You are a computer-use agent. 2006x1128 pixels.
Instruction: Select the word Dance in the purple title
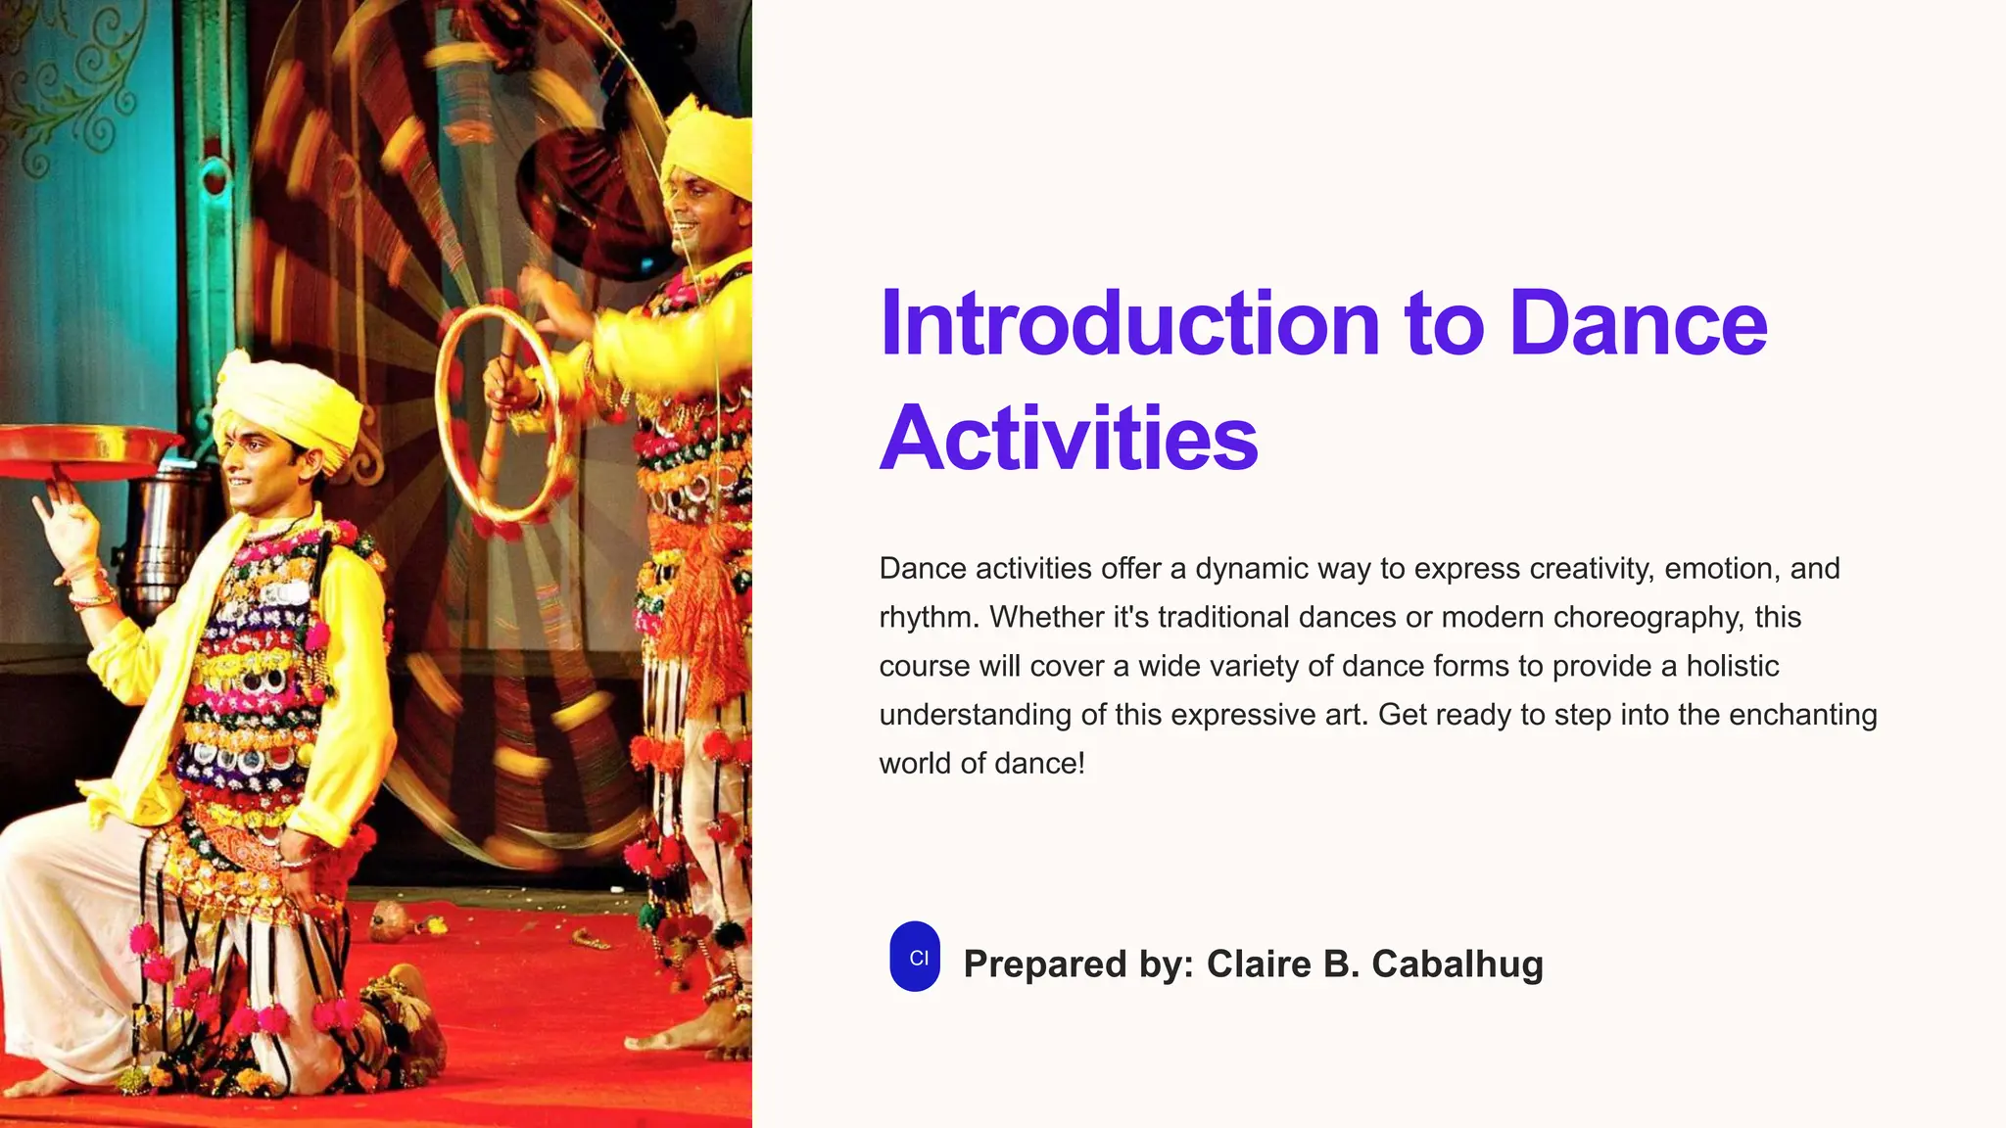point(1638,324)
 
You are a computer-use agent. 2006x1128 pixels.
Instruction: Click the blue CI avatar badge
point(915,957)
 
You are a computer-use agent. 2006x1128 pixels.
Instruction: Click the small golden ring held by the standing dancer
point(497,412)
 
